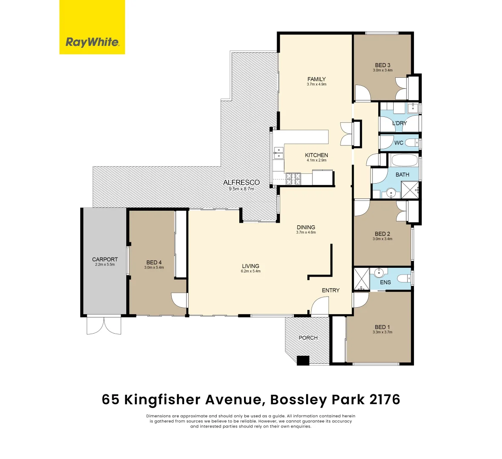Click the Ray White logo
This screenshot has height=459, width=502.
[x=92, y=27]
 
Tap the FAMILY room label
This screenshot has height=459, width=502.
[x=316, y=79]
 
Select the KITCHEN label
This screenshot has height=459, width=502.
[x=316, y=155]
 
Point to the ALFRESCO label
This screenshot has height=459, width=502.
[x=241, y=183]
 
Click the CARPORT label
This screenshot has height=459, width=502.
[x=105, y=259]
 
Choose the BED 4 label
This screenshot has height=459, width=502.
[x=154, y=262]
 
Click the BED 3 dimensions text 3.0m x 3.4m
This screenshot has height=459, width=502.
[x=383, y=71]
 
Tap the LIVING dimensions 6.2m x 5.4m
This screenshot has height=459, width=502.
[x=250, y=271]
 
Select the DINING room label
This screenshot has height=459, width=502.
[x=306, y=227]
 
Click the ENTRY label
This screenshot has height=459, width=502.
[x=331, y=290]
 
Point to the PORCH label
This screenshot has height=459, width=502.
[x=308, y=338]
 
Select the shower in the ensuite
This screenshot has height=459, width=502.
[x=361, y=278]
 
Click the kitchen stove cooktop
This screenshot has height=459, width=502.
[x=293, y=179]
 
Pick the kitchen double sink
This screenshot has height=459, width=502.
[x=279, y=153]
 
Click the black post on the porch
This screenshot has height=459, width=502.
[x=303, y=360]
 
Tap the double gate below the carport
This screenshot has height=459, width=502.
[x=104, y=325]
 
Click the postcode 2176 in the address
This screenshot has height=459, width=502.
[x=385, y=399]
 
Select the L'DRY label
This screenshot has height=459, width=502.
[x=399, y=123]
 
